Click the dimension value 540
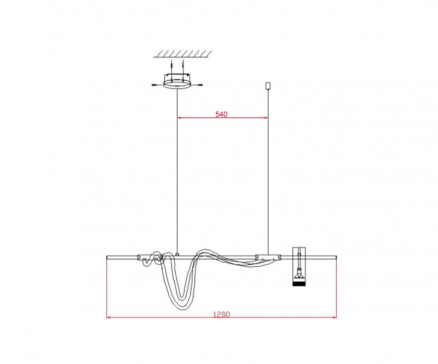tap(221, 114)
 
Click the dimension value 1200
tap(222, 314)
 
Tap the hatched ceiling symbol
tap(182, 54)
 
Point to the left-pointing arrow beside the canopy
tap(154, 85)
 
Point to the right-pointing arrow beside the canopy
tap(200, 85)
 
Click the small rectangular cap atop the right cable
tap(267, 86)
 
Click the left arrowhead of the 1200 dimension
tap(108, 316)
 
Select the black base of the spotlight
tap(299, 282)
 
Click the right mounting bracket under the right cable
tap(268, 256)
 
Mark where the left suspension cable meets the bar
tap(177, 253)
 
